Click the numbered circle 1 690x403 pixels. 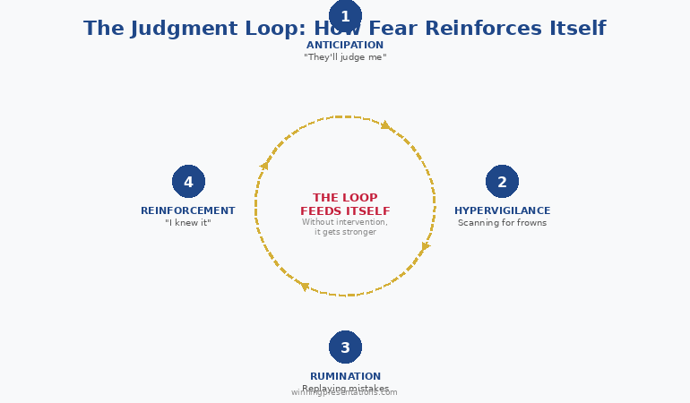[345, 16]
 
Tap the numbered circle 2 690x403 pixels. [502, 182]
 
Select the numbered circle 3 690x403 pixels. [345, 347]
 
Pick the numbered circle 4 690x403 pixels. [188, 182]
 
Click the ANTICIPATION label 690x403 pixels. [345, 45]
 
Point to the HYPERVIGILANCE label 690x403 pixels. [502, 210]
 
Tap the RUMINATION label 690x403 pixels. [345, 376]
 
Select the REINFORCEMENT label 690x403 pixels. [188, 210]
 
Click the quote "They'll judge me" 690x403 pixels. [345, 57]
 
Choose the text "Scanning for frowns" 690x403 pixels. [502, 223]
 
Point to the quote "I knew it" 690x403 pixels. [188, 223]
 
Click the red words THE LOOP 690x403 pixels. [345, 198]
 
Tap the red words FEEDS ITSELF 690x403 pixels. [345, 211]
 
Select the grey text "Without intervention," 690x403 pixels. [345, 222]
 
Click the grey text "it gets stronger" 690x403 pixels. [345, 232]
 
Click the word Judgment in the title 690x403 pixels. [185, 29]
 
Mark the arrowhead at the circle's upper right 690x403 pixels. [386, 125]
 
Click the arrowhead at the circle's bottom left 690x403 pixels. [304, 287]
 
